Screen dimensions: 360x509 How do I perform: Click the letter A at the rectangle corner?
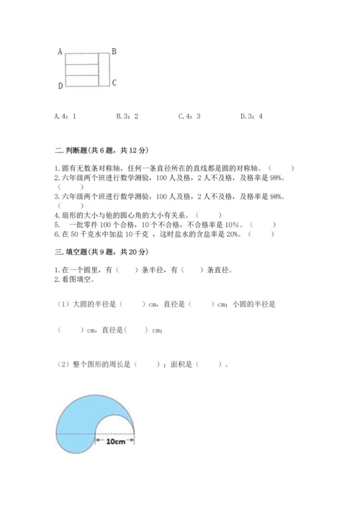coord(60,51)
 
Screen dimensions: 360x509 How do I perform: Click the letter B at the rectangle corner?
coord(114,51)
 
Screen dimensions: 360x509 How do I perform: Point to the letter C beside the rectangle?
coord(114,83)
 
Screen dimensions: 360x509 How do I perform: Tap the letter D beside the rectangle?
coord(60,86)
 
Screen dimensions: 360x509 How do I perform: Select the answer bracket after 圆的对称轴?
coord(281,168)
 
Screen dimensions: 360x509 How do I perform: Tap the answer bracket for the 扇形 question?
coord(208,215)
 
